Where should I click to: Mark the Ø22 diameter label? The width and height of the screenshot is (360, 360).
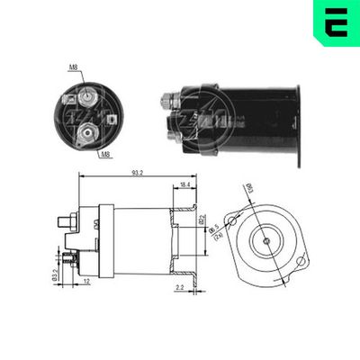click(x=202, y=220)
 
